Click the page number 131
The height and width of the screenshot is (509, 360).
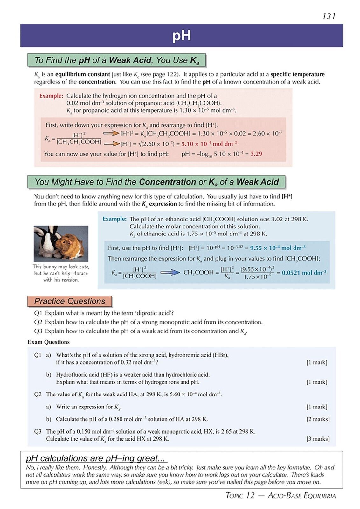pyautogui.click(x=329, y=16)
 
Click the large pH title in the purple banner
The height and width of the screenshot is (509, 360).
pyautogui.click(x=181, y=36)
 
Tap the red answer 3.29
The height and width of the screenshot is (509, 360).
pyautogui.click(x=256, y=154)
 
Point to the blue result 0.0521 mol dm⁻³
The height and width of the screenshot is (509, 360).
pyautogui.click(x=304, y=273)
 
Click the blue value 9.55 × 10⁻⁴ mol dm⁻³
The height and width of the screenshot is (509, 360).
pyautogui.click(x=277, y=248)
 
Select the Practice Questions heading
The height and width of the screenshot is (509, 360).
pyautogui.click(x=70, y=301)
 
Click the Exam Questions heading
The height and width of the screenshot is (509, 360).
pyautogui.click(x=48, y=342)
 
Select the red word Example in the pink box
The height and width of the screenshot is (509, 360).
pyautogui.click(x=51, y=96)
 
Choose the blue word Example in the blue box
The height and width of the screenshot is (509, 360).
pyautogui.click(x=114, y=219)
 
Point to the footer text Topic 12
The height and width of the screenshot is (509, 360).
pyautogui.click(x=240, y=495)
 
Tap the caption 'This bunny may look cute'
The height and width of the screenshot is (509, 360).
pyautogui.click(x=61, y=267)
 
